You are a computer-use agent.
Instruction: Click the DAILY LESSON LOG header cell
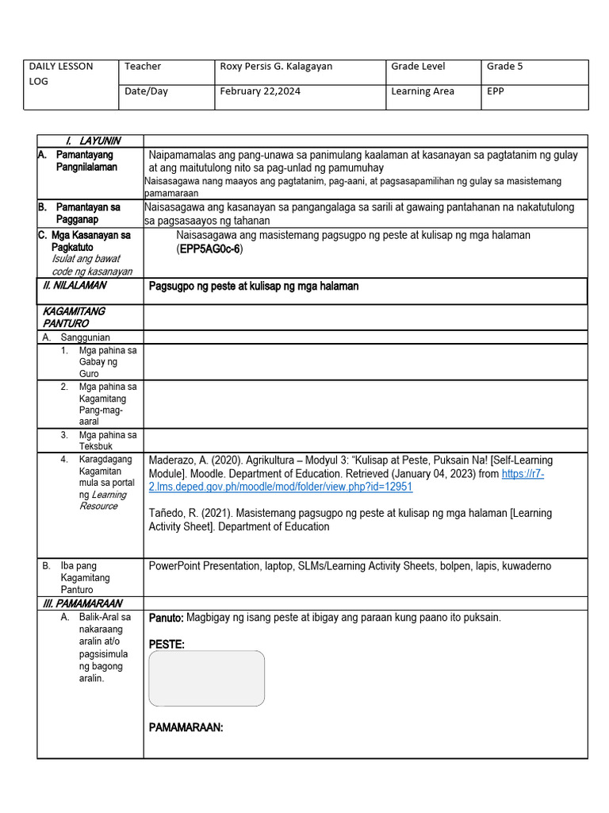click(61, 74)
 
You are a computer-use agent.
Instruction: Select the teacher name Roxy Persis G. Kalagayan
click(276, 67)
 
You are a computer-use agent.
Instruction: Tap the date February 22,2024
click(259, 91)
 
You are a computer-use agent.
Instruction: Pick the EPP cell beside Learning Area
click(495, 91)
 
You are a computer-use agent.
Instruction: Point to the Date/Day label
click(146, 91)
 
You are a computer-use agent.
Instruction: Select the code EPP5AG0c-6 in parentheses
click(210, 249)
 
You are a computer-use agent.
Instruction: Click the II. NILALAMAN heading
click(75, 285)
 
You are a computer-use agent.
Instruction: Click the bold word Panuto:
click(167, 618)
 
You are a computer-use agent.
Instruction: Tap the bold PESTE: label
click(167, 645)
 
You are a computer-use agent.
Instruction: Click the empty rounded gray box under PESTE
click(207, 679)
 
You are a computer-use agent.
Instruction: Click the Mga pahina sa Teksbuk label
click(107, 441)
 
